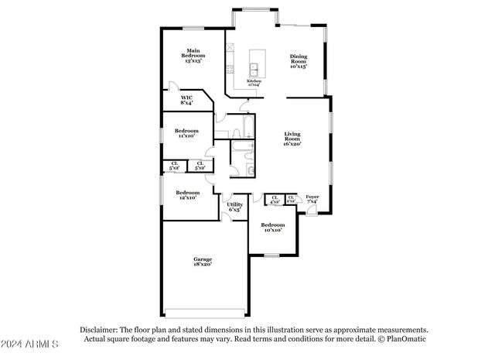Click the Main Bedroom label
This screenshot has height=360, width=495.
click(192, 57)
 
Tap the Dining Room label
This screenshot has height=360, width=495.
click(299, 61)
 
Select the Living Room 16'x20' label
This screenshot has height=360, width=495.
click(292, 139)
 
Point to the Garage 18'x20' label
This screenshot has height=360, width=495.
click(203, 262)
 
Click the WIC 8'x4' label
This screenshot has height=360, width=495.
click(186, 100)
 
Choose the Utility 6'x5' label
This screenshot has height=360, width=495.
click(234, 207)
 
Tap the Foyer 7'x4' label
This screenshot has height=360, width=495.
click(312, 200)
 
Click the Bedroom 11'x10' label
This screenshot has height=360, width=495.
click(186, 133)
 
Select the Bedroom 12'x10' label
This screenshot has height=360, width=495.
click(187, 195)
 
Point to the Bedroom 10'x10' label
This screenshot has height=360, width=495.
click(272, 227)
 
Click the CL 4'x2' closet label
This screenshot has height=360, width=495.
click(275, 201)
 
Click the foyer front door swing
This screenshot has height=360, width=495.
click(311, 211)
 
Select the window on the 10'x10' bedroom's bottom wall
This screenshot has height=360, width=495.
click(272, 254)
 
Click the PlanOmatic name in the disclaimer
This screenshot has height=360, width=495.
click(405, 338)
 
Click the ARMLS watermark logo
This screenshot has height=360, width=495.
click(31, 344)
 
